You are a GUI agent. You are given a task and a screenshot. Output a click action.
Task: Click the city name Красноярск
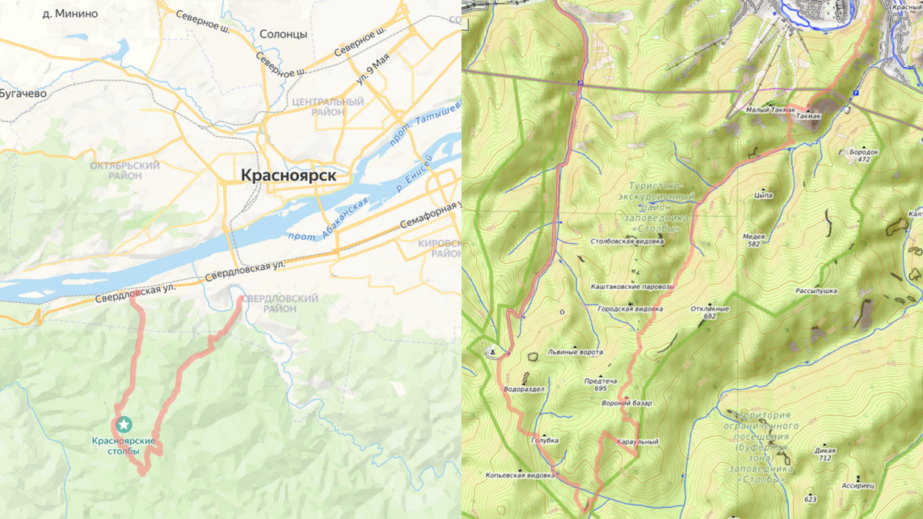(x=288, y=175)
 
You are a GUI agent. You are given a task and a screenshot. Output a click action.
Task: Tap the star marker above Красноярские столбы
(x=124, y=424)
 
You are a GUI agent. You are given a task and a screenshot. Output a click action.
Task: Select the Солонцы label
(x=283, y=35)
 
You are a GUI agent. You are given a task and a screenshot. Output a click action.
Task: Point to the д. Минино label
(x=70, y=13)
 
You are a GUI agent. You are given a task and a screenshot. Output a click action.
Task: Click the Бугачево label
(x=23, y=93)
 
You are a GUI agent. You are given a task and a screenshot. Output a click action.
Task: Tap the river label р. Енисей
(x=415, y=171)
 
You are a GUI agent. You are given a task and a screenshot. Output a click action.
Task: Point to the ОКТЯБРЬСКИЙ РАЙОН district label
(x=125, y=171)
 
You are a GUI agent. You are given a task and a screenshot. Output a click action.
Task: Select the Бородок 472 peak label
(x=864, y=155)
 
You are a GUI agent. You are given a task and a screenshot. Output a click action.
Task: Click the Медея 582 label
(x=753, y=240)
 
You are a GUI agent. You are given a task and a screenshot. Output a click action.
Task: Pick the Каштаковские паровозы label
(x=631, y=286)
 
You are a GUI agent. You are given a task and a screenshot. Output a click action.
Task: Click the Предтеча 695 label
(x=601, y=384)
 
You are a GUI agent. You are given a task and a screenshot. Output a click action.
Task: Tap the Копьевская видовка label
(x=520, y=475)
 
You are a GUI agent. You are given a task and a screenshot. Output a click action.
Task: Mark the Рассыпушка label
(x=816, y=291)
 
